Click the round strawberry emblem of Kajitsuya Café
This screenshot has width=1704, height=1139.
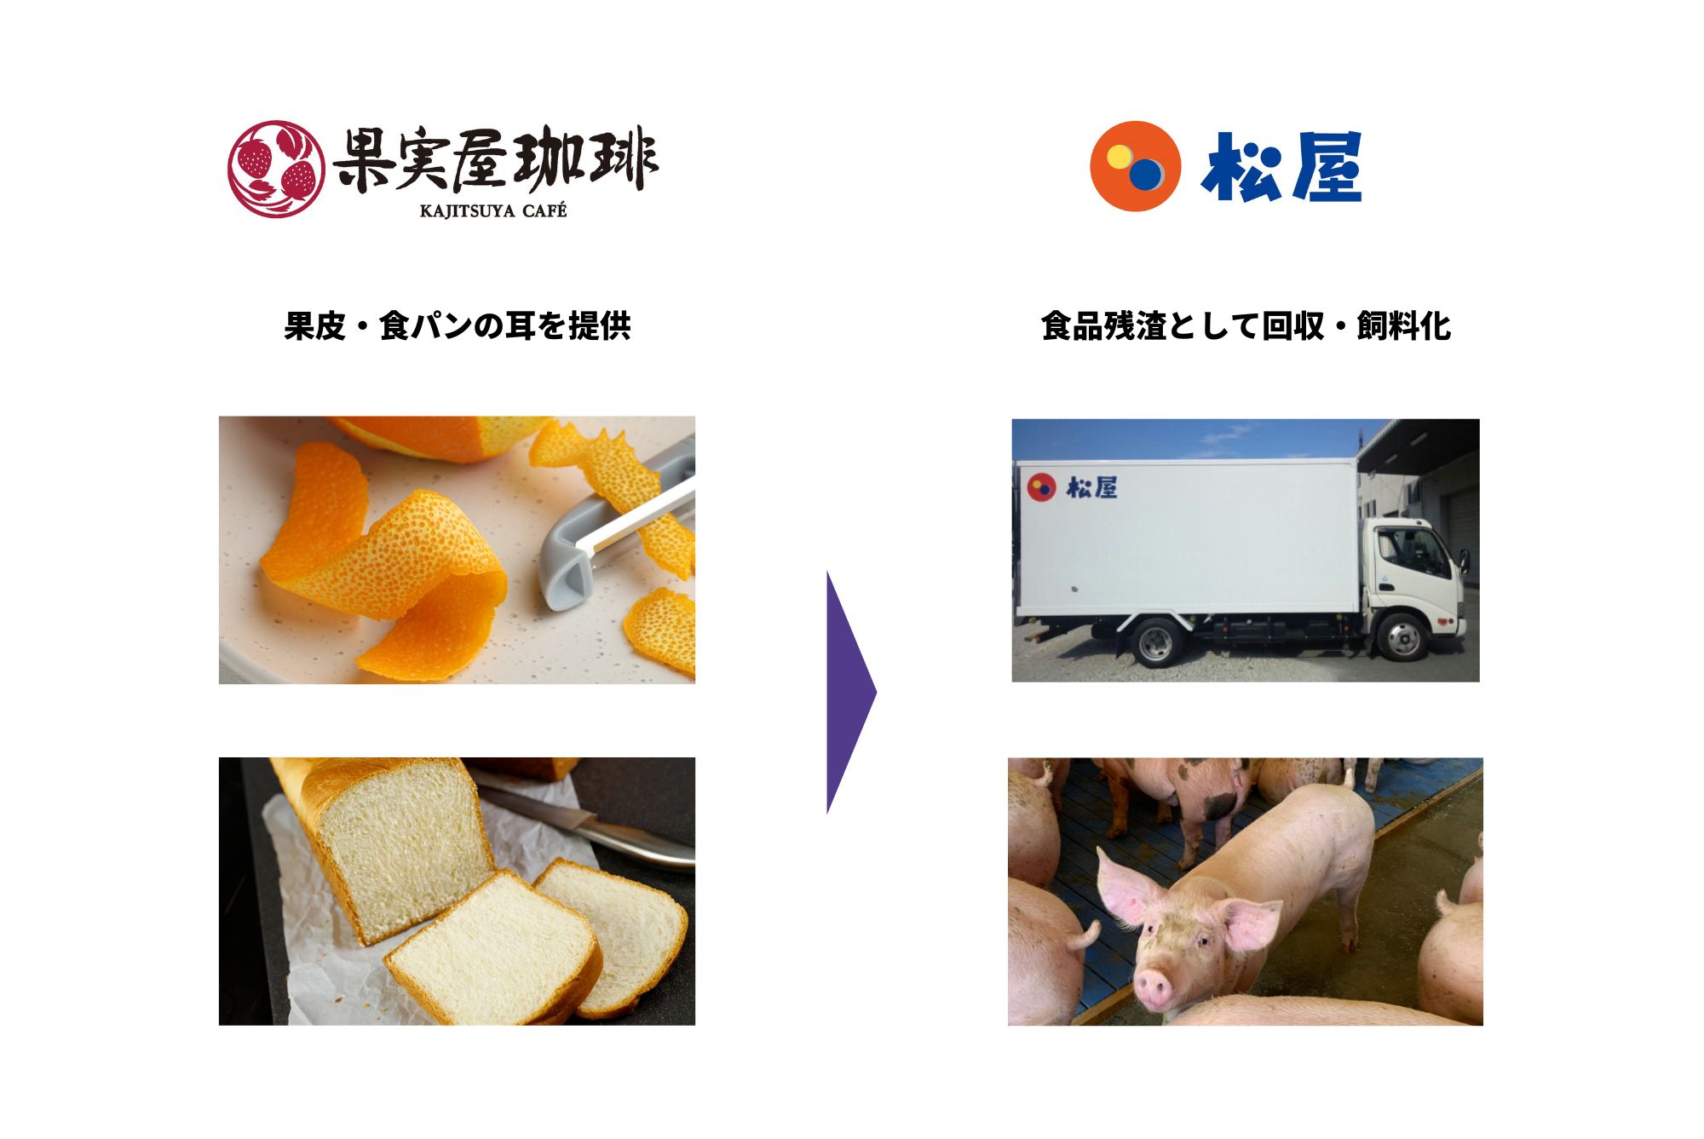pyautogui.click(x=276, y=169)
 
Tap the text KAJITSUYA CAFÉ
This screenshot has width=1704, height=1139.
pyautogui.click(x=493, y=210)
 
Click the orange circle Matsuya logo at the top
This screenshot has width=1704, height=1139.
pyautogui.click(x=1135, y=166)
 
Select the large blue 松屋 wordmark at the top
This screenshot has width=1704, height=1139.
pyautogui.click(x=1281, y=167)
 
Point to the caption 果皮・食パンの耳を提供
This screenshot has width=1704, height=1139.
pyautogui.click(x=458, y=326)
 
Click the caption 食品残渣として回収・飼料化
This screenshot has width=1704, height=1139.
pyautogui.click(x=1246, y=326)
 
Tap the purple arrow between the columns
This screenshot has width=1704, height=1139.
pyautogui.click(x=851, y=693)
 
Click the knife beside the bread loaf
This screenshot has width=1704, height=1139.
pyautogui.click(x=588, y=822)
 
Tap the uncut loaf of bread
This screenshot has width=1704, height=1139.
pyautogui.click(x=383, y=843)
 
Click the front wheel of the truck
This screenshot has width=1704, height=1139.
pyautogui.click(x=1402, y=636)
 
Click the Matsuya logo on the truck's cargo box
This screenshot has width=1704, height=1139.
pyautogui.click(x=1072, y=487)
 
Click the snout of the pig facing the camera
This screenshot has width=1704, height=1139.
pyautogui.click(x=1154, y=988)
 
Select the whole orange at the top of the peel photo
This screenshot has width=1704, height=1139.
pyautogui.click(x=435, y=436)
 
